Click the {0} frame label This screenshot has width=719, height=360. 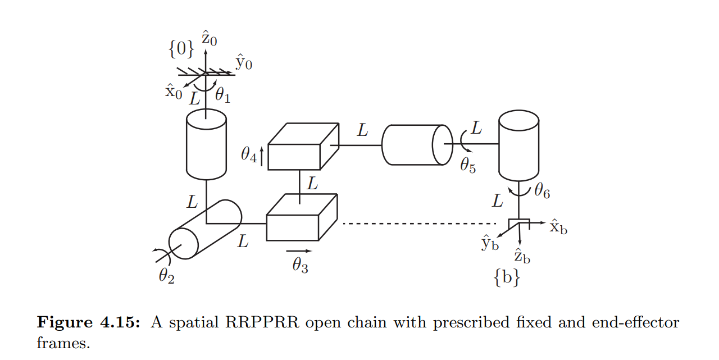[x=181, y=49]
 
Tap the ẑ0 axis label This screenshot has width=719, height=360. [x=210, y=39]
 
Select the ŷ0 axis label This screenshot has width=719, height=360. [x=243, y=62]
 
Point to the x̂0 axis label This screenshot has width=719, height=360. [x=174, y=92]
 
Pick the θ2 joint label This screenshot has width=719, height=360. [x=166, y=275]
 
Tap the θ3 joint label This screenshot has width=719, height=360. [x=300, y=265]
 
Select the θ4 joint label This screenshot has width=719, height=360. [x=249, y=154]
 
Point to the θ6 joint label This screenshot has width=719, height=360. [x=542, y=192]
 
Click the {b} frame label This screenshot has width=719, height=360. [x=507, y=278]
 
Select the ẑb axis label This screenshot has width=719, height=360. [x=522, y=256]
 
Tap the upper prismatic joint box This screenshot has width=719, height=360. [x=303, y=147]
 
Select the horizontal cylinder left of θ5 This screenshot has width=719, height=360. [x=416, y=144]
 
